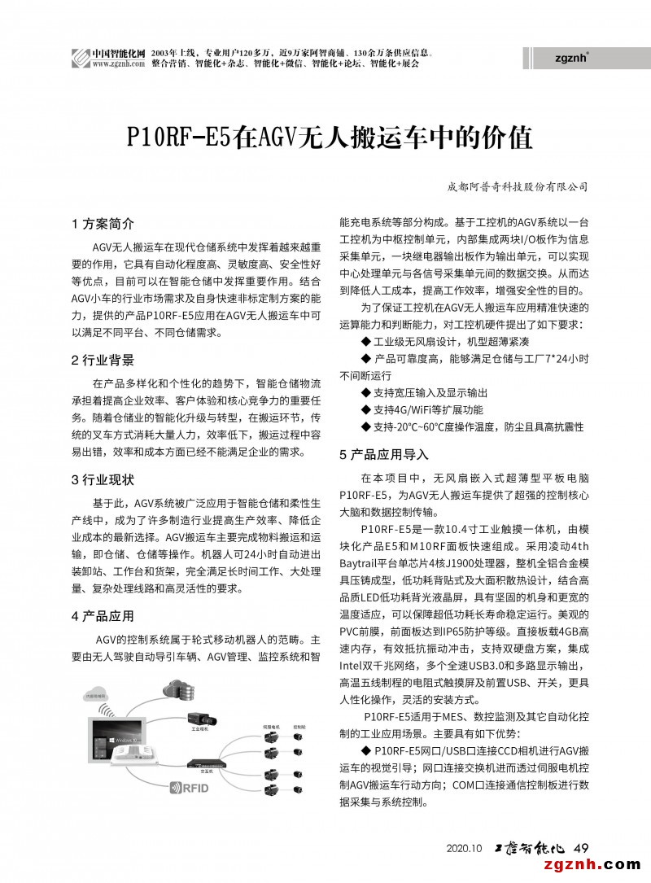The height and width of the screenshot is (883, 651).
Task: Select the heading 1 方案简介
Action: (x=103, y=223)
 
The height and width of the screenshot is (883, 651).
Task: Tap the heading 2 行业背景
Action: (x=103, y=360)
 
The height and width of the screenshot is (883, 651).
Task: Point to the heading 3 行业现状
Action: (x=103, y=479)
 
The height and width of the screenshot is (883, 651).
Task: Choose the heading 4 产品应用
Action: (x=103, y=615)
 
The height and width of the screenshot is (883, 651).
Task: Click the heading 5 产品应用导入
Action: (x=383, y=454)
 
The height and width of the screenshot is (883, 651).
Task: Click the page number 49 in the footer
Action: (x=581, y=847)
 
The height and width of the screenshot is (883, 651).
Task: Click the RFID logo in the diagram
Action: (x=189, y=788)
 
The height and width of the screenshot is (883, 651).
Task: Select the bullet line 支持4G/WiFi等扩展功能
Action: (x=427, y=409)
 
